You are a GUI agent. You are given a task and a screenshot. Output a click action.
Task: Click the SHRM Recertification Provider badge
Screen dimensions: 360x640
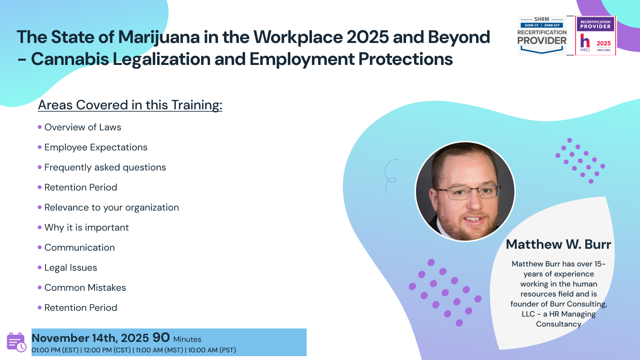pyautogui.click(x=542, y=35)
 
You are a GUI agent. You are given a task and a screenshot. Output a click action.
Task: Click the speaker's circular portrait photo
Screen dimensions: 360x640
pyautogui.click(x=465, y=191)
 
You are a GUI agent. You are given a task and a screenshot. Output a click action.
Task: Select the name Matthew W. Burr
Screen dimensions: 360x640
pyautogui.click(x=558, y=244)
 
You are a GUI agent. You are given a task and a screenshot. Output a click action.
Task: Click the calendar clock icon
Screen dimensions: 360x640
pyautogui.click(x=16, y=342)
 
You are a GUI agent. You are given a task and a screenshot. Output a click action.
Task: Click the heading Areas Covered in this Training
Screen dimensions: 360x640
pyautogui.click(x=130, y=105)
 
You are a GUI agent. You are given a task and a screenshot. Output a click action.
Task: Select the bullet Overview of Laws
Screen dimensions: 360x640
pyautogui.click(x=83, y=127)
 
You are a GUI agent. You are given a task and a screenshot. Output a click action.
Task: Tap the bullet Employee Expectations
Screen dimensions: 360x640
pyautogui.click(x=96, y=148)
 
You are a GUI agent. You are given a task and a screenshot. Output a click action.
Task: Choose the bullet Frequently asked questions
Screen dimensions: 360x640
pyautogui.click(x=105, y=168)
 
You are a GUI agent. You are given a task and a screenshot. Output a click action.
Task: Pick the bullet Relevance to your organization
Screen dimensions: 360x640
pyautogui.click(x=111, y=208)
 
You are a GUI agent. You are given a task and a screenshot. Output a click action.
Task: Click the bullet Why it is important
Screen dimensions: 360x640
pyautogui.click(x=86, y=228)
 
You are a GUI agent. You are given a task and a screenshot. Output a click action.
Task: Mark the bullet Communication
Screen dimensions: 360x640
pyautogui.click(x=79, y=248)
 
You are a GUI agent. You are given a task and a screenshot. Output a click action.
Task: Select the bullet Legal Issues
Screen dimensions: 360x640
pyautogui.click(x=71, y=268)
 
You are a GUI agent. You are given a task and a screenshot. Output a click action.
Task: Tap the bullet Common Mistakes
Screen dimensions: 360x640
pyautogui.click(x=85, y=288)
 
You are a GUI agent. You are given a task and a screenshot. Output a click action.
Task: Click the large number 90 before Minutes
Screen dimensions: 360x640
pyautogui.click(x=161, y=338)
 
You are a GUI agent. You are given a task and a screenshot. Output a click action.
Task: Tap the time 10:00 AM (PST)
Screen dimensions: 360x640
pyautogui.click(x=212, y=350)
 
